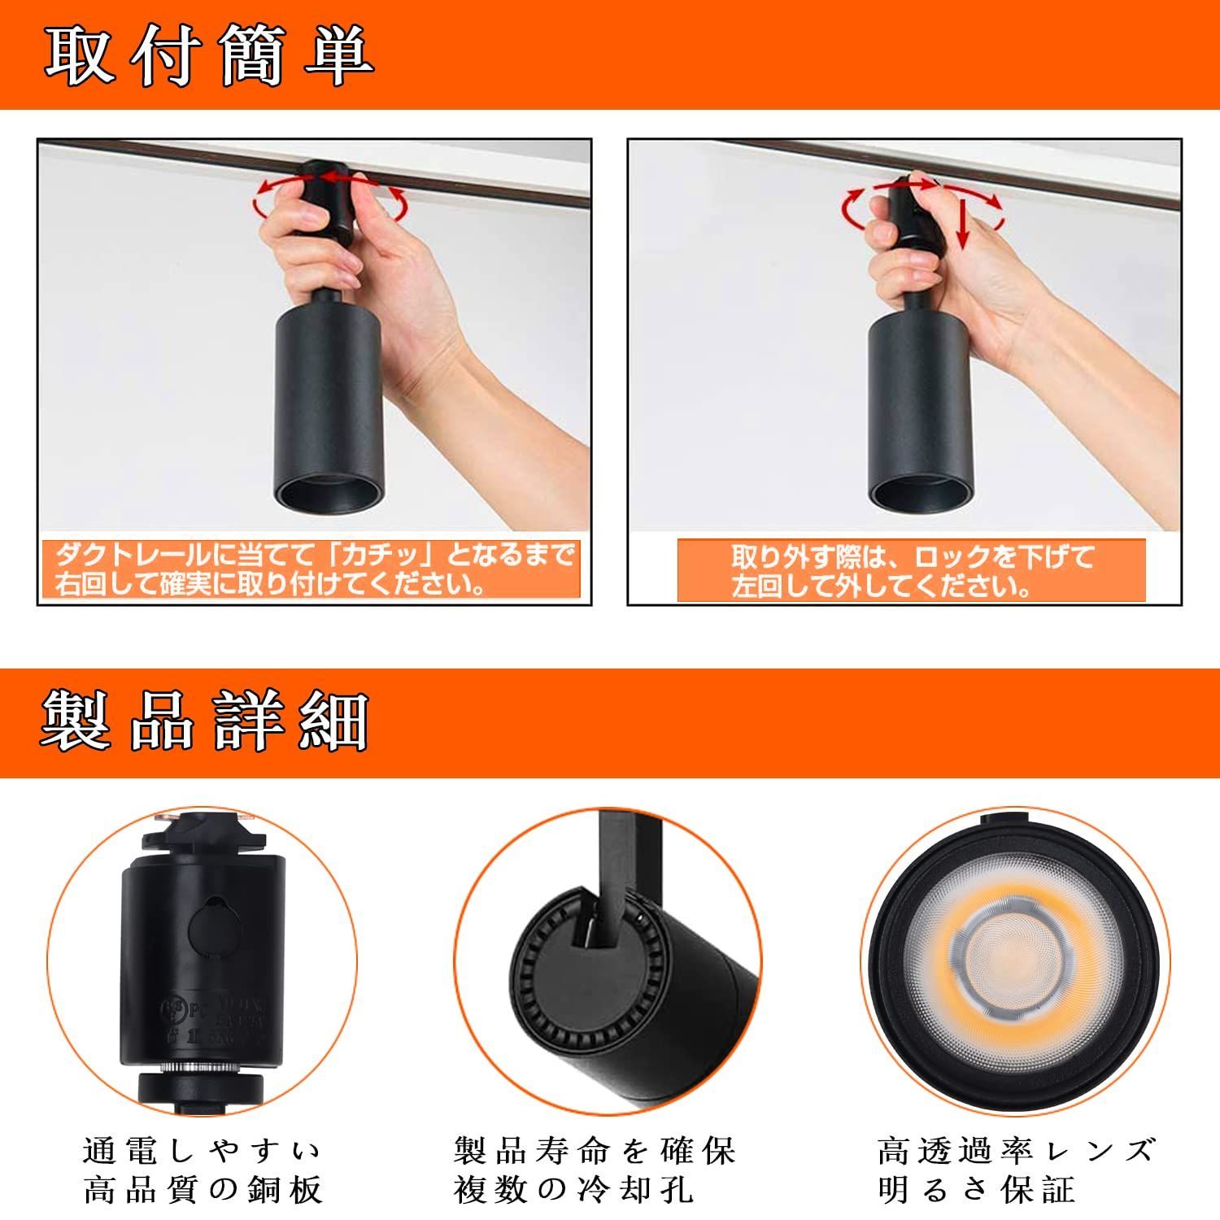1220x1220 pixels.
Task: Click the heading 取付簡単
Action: [x=208, y=56]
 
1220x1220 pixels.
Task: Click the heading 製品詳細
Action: [x=204, y=721]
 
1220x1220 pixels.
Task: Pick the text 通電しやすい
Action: [x=203, y=1151]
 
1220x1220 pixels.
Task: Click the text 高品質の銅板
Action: [x=203, y=1189]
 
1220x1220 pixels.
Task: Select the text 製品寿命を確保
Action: [x=595, y=1151]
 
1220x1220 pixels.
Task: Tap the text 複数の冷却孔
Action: [x=573, y=1189]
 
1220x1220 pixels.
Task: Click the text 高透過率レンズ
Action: [x=1016, y=1151]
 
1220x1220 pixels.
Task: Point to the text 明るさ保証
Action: [x=976, y=1189]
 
